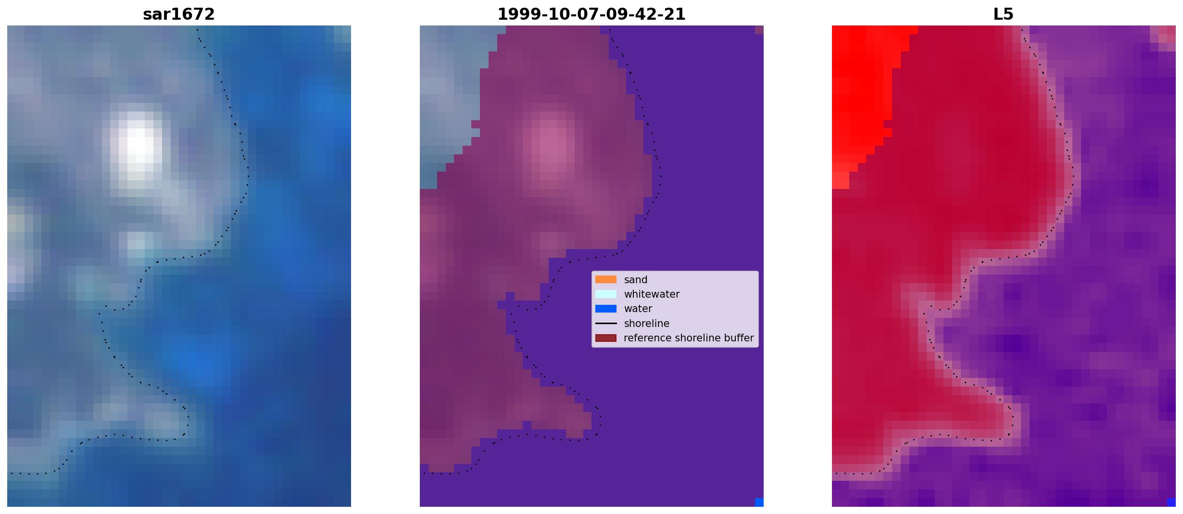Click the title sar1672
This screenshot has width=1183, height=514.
[x=179, y=14]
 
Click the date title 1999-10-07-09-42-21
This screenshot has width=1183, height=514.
[x=591, y=14]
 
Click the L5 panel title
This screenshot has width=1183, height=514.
[x=1004, y=14]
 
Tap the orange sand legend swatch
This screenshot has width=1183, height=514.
[x=606, y=279]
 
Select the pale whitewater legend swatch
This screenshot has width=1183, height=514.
[x=606, y=294]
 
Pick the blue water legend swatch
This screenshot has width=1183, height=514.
[x=606, y=309]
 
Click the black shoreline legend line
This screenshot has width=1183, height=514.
[x=606, y=323]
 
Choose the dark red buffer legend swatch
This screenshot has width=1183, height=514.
[x=606, y=338]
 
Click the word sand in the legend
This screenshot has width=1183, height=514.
[x=636, y=280]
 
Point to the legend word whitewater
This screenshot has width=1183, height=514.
[x=652, y=294]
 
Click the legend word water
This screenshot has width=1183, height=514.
[x=638, y=309]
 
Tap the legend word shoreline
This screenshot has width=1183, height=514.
[x=647, y=324]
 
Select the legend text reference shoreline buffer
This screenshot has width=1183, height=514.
[x=689, y=338]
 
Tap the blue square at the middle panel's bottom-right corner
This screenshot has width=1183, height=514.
[x=759, y=502]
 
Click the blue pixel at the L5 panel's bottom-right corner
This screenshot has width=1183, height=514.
[x=1171, y=502]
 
